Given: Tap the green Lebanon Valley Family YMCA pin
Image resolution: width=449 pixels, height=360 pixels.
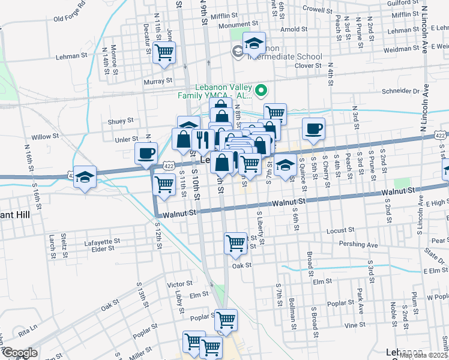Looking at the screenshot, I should [261, 92].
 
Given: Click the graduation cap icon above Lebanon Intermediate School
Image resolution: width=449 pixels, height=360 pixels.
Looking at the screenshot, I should [254, 43].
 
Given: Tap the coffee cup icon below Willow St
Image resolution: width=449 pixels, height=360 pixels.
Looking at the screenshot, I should [146, 153].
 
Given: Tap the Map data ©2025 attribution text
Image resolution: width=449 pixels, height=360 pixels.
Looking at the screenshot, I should [423, 355].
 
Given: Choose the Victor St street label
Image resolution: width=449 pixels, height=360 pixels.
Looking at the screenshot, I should [179, 283].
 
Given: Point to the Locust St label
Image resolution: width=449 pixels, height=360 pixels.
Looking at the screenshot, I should [338, 231].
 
